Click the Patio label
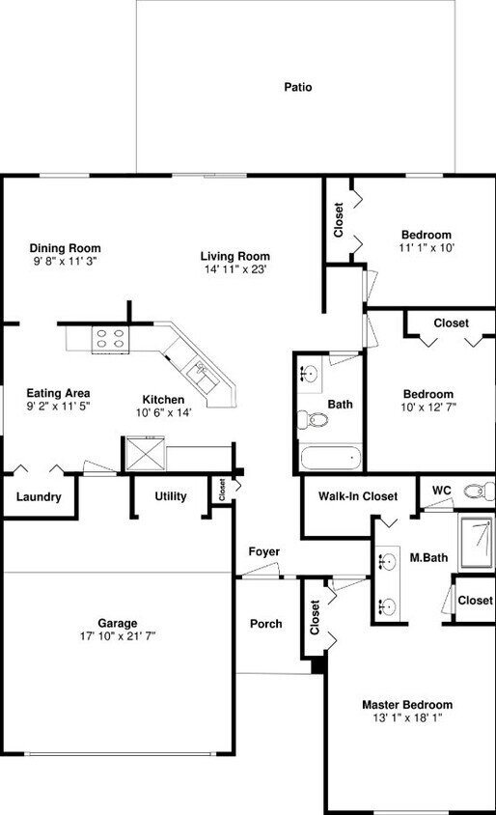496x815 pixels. point(297,87)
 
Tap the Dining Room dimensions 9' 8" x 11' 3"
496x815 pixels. point(65,262)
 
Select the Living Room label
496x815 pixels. point(234,256)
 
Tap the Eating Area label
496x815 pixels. point(58,393)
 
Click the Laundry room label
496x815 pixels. point(39,497)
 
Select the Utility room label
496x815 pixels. point(171,496)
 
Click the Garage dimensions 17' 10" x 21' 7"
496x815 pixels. point(117,636)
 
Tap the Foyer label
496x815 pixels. point(263,551)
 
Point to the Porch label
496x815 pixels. point(265,624)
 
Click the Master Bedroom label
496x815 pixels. point(406,705)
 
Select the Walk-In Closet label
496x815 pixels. point(357,496)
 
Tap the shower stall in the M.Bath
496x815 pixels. point(476,543)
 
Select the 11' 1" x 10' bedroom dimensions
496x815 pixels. point(426,248)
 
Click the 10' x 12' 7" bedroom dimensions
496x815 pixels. point(427,407)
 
